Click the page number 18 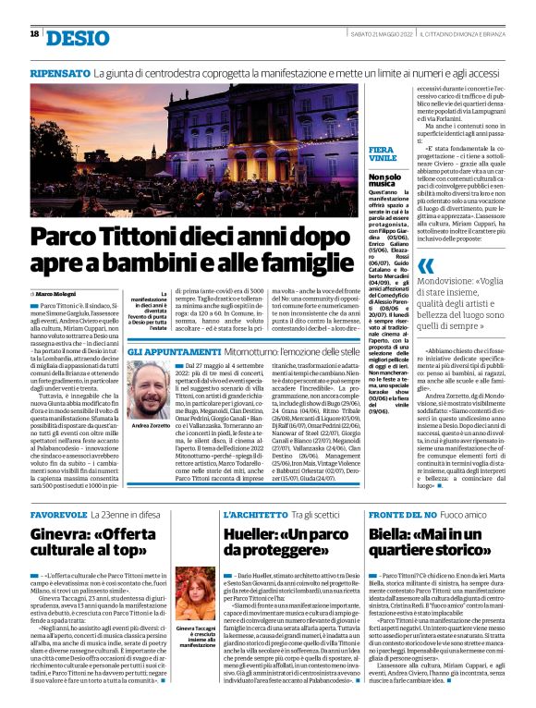tap(34, 34)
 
